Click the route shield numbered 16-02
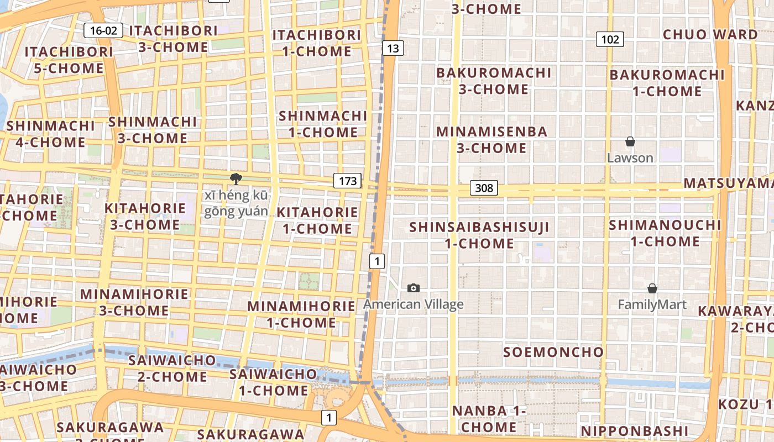[103, 30]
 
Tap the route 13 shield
[393, 48]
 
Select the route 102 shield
[610, 39]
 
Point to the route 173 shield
[347, 181]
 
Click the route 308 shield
[484, 188]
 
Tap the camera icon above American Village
[413, 288]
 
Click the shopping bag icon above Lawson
[630, 142]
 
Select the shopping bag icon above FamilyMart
[652, 288]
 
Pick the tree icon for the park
[236, 178]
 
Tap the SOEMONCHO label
[553, 352]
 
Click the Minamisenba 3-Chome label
[491, 140]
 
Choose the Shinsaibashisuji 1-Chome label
[479, 235]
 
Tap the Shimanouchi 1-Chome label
[665, 233]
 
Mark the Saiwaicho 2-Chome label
[172, 369]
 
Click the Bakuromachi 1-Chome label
[667, 83]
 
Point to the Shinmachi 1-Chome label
[323, 124]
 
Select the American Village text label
[413, 304]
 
